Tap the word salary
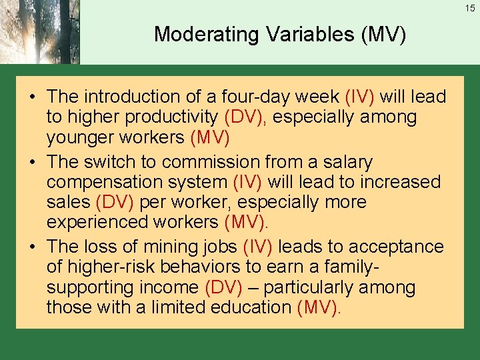tap(348, 162)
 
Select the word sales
tap(69, 202)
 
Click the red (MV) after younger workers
tap(210, 137)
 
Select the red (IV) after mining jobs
tap(257, 247)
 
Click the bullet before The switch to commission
tap(33, 163)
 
